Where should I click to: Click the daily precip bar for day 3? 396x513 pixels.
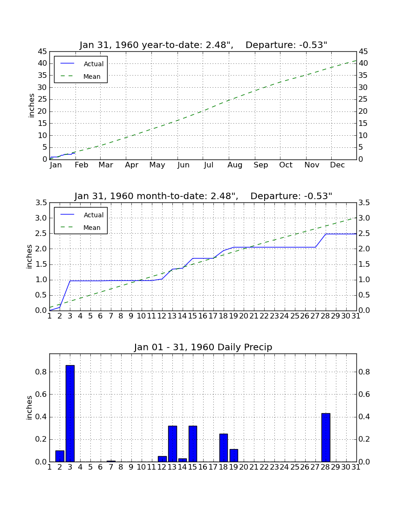[x=70, y=413]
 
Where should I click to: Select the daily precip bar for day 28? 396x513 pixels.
[x=326, y=437]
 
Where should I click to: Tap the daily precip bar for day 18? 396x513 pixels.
[x=224, y=448]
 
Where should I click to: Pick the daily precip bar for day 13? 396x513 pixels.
[x=172, y=444]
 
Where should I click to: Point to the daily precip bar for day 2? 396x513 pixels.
[x=60, y=456]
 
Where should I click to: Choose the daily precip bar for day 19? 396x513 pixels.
[x=233, y=456]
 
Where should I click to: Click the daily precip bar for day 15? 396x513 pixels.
[x=193, y=444]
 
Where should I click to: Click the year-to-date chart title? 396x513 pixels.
[x=203, y=45]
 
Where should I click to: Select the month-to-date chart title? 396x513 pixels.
[x=203, y=196]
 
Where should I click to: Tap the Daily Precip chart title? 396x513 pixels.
[x=203, y=347]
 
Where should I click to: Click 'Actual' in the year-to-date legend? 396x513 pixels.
[x=94, y=64]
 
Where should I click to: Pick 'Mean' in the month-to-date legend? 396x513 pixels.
[x=92, y=228]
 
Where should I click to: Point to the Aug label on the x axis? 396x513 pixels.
[x=235, y=165]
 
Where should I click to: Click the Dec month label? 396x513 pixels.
[x=337, y=165]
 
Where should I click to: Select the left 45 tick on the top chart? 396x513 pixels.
[x=42, y=52]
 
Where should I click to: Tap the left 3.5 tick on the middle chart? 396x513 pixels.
[x=41, y=203]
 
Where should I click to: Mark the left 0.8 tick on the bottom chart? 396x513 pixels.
[x=41, y=372]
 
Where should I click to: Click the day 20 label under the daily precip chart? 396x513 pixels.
[x=244, y=467]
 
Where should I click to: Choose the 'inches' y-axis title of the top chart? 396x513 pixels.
[x=31, y=106]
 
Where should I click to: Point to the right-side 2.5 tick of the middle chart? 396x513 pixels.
[x=364, y=234]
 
